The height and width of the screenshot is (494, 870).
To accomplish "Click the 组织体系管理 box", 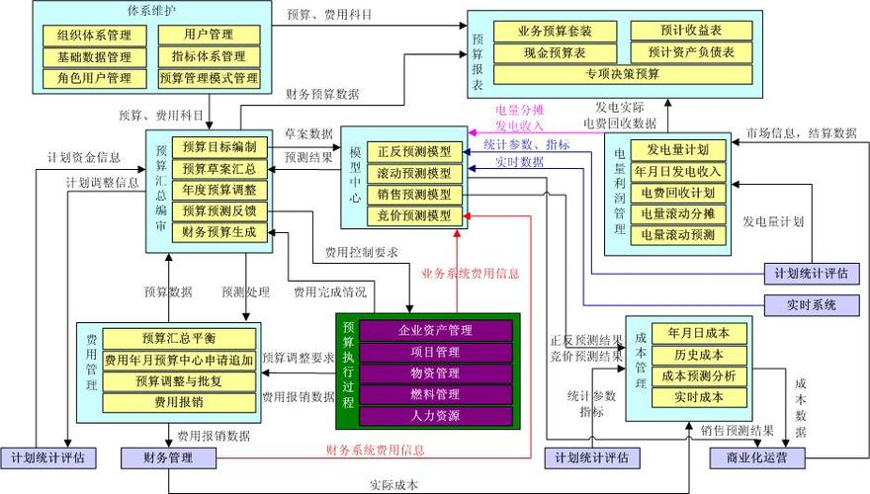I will [x=94, y=36].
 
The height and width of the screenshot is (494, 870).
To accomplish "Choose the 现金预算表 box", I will [x=554, y=51].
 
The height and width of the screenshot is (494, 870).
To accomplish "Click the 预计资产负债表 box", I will [x=691, y=51].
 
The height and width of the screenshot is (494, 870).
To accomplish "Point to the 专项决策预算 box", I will [x=620, y=73].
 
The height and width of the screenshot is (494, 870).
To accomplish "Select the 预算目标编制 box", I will [x=219, y=146].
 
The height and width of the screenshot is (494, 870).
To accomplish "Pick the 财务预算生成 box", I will [x=219, y=233].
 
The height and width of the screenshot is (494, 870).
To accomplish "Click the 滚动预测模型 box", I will [x=414, y=173].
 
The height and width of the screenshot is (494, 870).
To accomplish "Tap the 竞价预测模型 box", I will [x=414, y=215].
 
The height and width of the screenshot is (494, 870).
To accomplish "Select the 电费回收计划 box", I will [x=678, y=193].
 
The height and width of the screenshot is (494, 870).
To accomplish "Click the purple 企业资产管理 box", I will [x=435, y=329].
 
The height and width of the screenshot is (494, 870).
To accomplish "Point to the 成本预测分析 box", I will [x=700, y=375].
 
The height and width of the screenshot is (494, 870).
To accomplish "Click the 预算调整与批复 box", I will [x=166, y=380].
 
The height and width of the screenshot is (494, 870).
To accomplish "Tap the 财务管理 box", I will [x=168, y=457].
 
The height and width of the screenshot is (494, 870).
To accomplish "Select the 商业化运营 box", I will [x=756, y=457].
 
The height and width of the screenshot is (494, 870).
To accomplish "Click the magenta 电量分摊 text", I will [x=520, y=110].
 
